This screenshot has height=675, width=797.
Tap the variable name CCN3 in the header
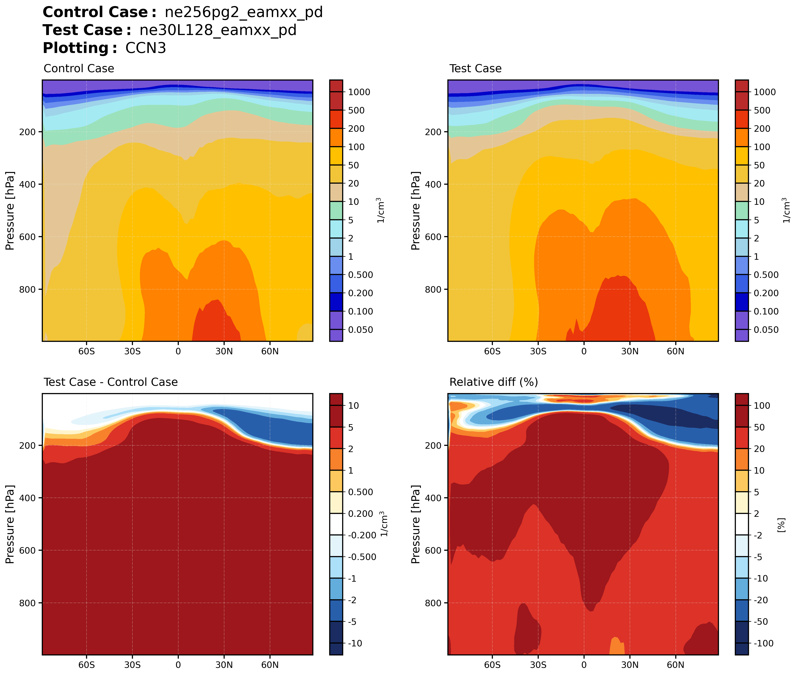[x=146, y=48]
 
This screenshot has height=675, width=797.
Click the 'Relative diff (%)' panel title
[x=494, y=382]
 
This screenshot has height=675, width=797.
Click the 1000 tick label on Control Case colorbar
[x=359, y=92]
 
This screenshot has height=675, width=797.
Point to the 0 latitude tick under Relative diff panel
[x=584, y=665]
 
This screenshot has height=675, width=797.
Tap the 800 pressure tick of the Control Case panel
[x=27, y=290]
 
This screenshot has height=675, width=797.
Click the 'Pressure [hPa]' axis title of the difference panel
[x=10, y=524]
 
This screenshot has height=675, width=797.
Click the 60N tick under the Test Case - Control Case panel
[x=270, y=665]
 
